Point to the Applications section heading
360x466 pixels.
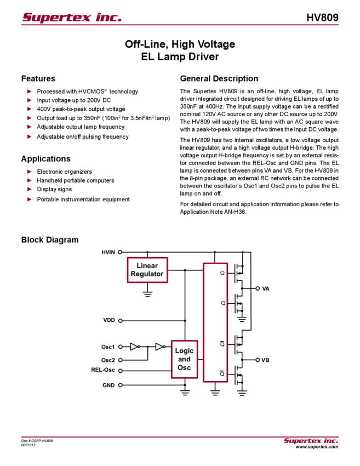pos(46,159)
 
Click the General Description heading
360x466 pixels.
pos(218,78)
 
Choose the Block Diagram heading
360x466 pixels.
pos(51,240)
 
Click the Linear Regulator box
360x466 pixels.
pos(147,270)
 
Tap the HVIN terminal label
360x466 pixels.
pos(108,252)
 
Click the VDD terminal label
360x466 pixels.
pos(109,320)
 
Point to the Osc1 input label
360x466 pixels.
pos(108,347)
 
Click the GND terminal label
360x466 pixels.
pos(108,385)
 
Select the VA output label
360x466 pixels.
pos(265,288)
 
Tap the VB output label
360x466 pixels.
pos(265,360)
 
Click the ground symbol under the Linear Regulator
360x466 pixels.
pos(147,295)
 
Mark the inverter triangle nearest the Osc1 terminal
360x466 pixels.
pos(135,347)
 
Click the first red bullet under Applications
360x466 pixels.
pos(29,171)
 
